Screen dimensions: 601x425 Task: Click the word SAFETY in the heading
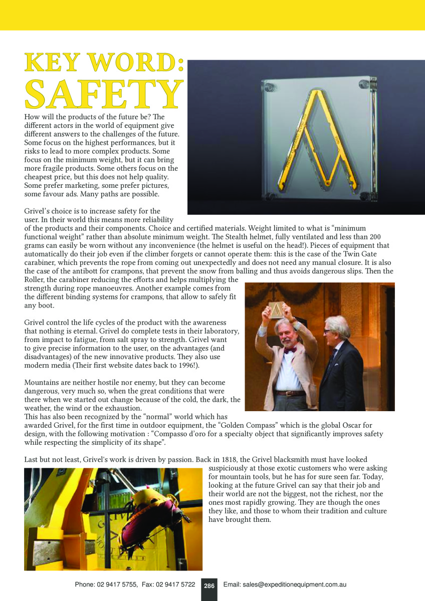pyautogui.click(x=104, y=94)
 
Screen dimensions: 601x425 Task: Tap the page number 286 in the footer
pyautogui.click(x=209, y=585)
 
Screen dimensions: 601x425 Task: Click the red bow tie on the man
pyautogui.click(x=290, y=350)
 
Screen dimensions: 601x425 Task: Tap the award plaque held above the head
pyautogui.click(x=276, y=309)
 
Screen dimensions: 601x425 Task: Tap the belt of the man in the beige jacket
pyautogui.click(x=290, y=393)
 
